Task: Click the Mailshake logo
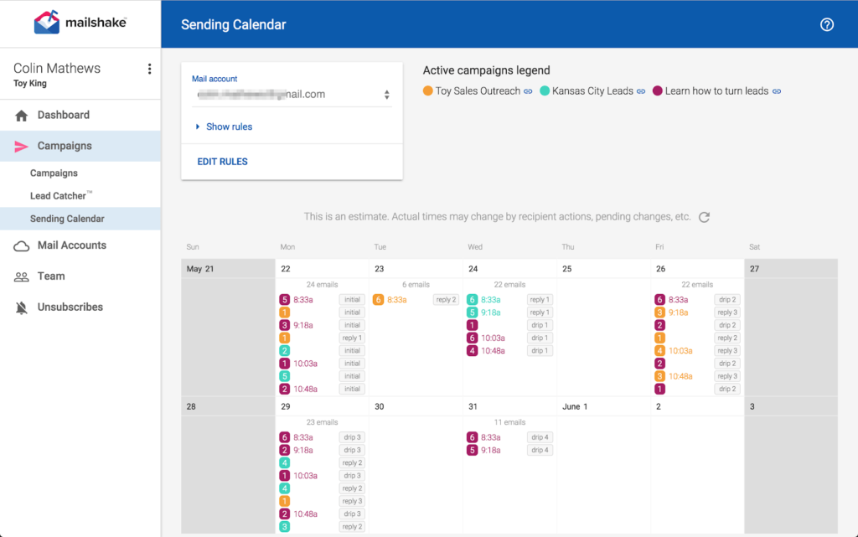tap(80, 23)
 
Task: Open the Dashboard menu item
tap(63, 115)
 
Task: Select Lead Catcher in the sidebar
tap(59, 196)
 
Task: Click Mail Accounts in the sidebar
tap(71, 245)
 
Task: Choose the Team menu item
tap(51, 276)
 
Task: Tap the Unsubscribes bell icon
tap(22, 307)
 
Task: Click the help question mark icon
tap(827, 24)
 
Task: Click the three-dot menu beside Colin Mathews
tap(149, 69)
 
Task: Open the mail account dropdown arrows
tap(386, 95)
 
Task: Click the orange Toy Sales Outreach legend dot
tap(428, 91)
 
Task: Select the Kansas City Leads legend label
tap(592, 91)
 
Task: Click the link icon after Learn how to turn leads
tap(777, 91)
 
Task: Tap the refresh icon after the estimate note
tap(705, 217)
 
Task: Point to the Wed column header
tap(475, 247)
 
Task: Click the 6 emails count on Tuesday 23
tap(416, 285)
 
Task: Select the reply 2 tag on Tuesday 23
tap(446, 300)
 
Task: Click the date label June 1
tap(575, 406)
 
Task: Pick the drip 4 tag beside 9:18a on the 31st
tap(540, 450)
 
